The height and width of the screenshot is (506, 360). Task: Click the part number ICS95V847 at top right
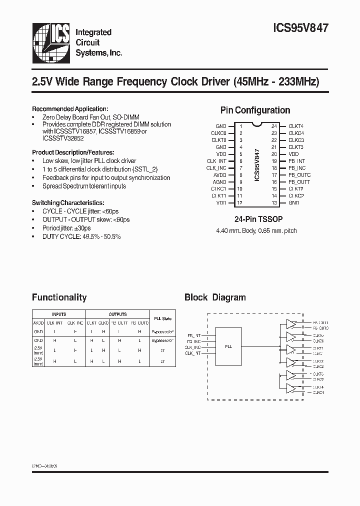tap(302, 28)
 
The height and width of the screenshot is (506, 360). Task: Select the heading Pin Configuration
tap(255, 110)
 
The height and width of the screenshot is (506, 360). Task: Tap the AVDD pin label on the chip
tap(220, 175)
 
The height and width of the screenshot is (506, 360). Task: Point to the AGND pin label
tap(220, 182)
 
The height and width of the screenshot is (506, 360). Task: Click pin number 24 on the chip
tap(274, 126)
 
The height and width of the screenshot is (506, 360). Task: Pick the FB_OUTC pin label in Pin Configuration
tap(299, 175)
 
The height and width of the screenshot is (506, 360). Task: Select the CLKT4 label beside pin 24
tap(296, 126)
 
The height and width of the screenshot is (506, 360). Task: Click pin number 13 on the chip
tap(274, 203)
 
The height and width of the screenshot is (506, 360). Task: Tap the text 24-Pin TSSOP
tap(255, 219)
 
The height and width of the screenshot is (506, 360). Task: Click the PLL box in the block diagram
tap(228, 346)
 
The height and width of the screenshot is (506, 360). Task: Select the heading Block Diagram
tap(215, 297)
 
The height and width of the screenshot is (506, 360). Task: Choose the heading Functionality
tap(59, 297)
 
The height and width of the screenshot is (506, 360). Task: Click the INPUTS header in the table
tap(59, 314)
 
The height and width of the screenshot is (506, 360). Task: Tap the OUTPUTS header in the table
tap(117, 314)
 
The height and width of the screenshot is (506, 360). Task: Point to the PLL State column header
tap(162, 318)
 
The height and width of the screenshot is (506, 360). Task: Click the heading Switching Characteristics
tap(68, 202)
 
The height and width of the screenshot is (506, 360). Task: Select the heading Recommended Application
tap(70, 108)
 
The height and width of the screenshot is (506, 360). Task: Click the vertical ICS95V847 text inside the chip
tap(257, 164)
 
